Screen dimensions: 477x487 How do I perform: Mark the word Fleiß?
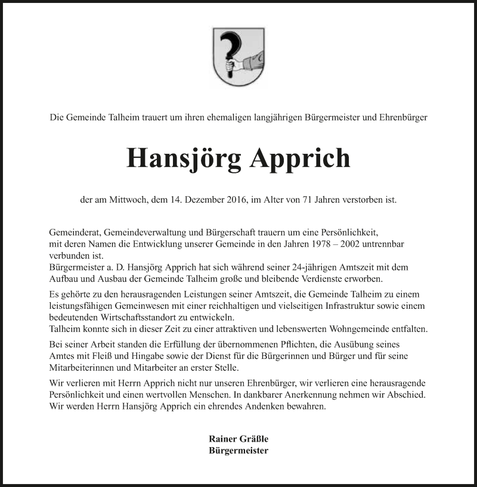point(109,356)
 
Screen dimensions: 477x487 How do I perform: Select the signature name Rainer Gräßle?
point(238,439)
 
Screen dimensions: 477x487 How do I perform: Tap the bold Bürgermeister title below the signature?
point(238,451)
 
